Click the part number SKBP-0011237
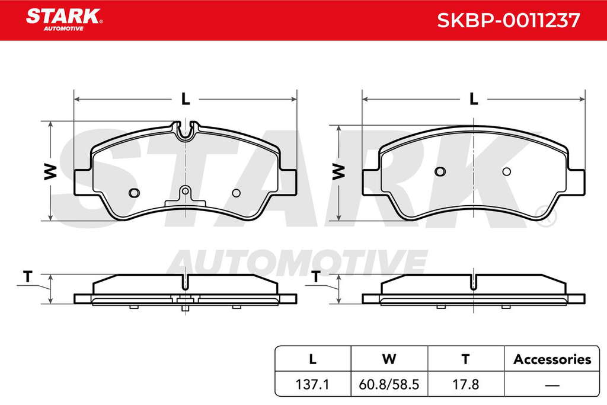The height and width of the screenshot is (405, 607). click(508, 20)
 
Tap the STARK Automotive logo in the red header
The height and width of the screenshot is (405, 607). click(64, 20)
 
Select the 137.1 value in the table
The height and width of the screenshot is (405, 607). click(312, 384)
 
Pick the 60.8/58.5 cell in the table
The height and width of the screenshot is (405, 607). click(389, 384)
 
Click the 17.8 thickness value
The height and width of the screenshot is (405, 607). click(466, 384)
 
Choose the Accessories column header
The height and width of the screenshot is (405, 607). click(552, 359)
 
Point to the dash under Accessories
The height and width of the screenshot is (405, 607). click(552, 385)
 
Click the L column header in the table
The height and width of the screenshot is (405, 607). click(312, 359)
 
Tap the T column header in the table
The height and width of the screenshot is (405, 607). click(466, 359)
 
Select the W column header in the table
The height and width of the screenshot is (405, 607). click(389, 359)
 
